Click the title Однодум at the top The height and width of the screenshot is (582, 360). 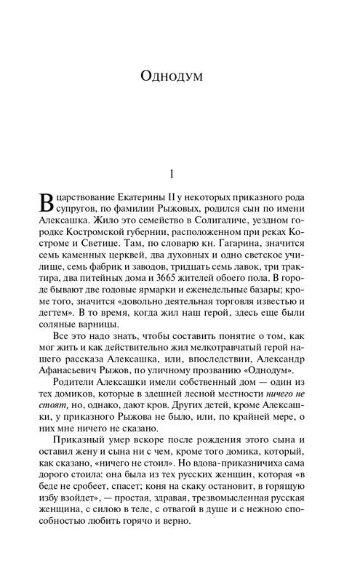pos(180,75)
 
